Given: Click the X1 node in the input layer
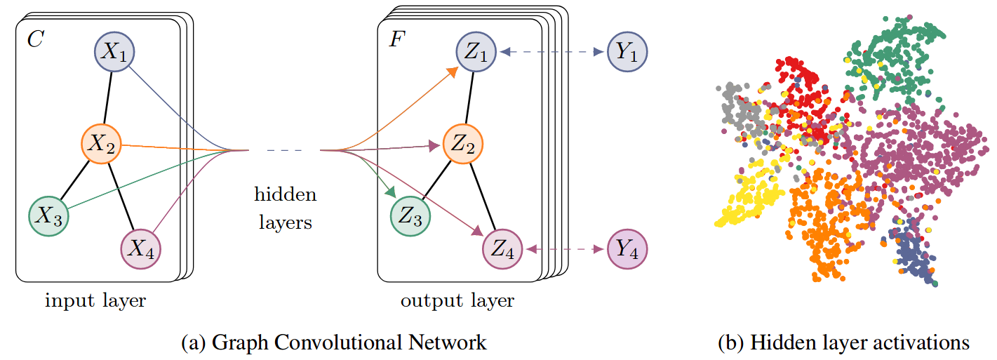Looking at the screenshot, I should point(114,51).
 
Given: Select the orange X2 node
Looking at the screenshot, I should point(102,145).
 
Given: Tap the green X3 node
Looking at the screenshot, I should point(48,215).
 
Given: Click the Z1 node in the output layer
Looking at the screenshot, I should point(479,51).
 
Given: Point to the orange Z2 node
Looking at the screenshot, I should point(462,146).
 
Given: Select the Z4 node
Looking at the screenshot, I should point(503,249).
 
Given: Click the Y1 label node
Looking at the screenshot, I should point(628,51).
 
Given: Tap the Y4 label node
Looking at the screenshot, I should point(628,249).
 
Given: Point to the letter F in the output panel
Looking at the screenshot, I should point(396,39).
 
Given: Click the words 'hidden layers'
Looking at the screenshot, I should point(285,208).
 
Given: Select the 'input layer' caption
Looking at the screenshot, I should point(95,301).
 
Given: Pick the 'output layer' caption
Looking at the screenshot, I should point(457,301).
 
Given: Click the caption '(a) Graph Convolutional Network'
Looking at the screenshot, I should point(333,342).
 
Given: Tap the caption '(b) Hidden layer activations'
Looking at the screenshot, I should point(843,342).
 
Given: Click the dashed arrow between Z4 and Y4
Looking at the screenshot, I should point(566,249).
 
